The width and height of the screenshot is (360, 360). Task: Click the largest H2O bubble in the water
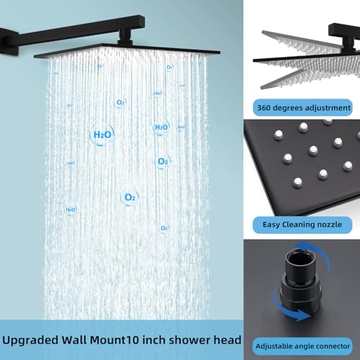tap(102, 135)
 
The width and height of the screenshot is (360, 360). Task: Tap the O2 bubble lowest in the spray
tap(164, 228)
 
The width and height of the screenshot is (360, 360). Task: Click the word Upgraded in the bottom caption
tap(30, 341)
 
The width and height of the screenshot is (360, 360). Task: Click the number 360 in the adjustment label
tap(264, 107)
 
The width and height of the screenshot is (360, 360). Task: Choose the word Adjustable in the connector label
tap(271, 346)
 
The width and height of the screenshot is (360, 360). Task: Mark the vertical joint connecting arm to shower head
tap(125, 37)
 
